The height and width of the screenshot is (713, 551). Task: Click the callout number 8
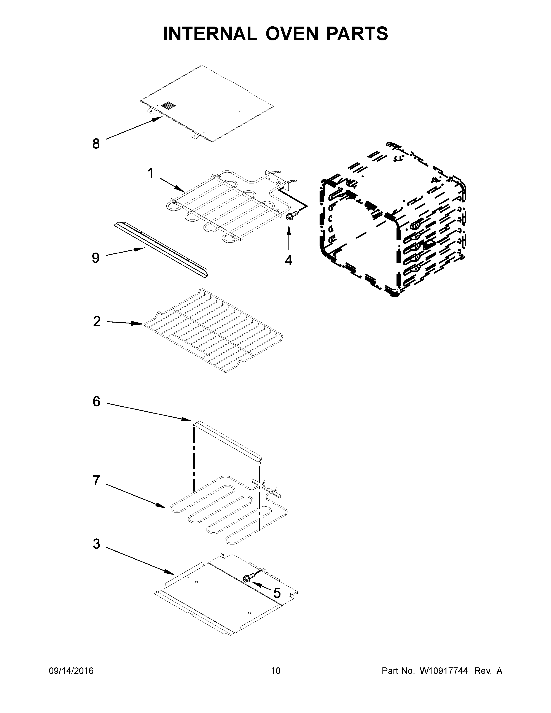tap(96, 144)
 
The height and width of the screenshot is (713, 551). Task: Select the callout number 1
tap(150, 173)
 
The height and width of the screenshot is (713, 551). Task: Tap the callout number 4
tap(288, 260)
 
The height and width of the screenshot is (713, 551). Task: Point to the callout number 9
tap(95, 258)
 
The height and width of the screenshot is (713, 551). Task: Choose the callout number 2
tap(97, 321)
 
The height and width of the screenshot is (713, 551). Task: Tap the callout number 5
tap(277, 592)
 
